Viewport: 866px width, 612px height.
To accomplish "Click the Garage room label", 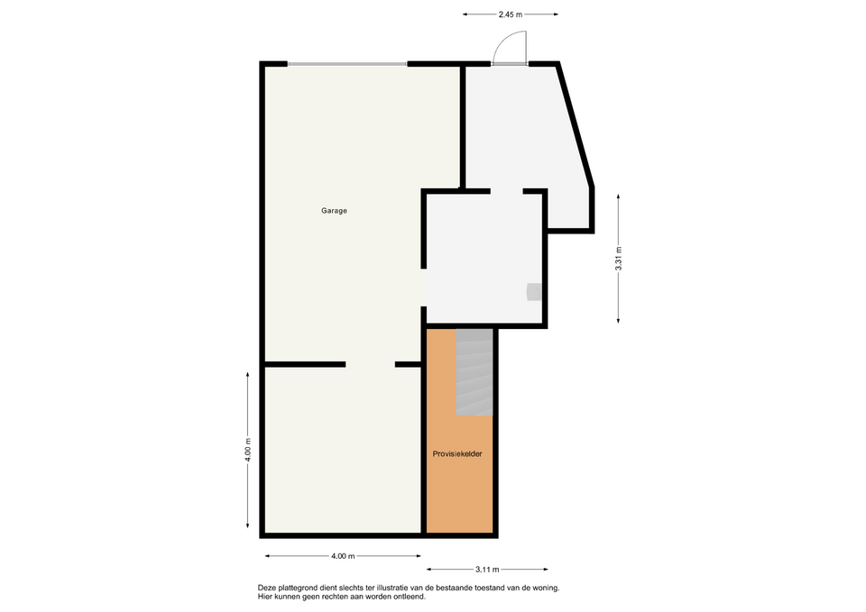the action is pos(334,210).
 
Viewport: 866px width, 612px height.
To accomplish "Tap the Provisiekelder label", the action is pos(457,453).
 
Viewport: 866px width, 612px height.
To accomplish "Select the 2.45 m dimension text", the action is pos(511,14).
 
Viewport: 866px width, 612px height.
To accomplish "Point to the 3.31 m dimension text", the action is pos(619,259).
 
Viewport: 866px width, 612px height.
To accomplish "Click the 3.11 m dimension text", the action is pos(487,570).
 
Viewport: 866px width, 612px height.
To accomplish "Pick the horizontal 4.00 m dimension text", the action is pos(343,556).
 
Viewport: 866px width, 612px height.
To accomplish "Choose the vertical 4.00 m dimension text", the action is pos(248,450).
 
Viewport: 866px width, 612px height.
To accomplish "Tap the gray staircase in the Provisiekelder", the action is pos(474,372).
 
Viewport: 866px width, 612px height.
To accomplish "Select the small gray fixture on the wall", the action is pos(534,292).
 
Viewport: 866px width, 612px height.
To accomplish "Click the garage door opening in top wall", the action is pos(347,64).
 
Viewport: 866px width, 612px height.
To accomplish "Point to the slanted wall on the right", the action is pos(575,125).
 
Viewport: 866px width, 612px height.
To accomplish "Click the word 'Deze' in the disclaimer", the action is pos(266,589).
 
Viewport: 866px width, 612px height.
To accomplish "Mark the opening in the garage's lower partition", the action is pos(370,364).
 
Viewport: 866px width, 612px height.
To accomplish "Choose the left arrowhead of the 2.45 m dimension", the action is pos(465,14).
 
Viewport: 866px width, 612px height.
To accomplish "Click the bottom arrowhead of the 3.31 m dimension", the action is pos(619,320).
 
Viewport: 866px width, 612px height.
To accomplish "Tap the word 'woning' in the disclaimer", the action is pos(547,589).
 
